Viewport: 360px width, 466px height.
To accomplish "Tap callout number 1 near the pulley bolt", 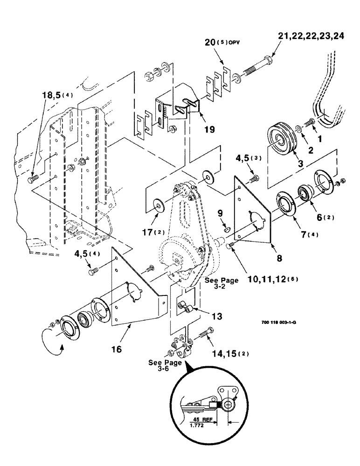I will pyautogui.click(x=319, y=139).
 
